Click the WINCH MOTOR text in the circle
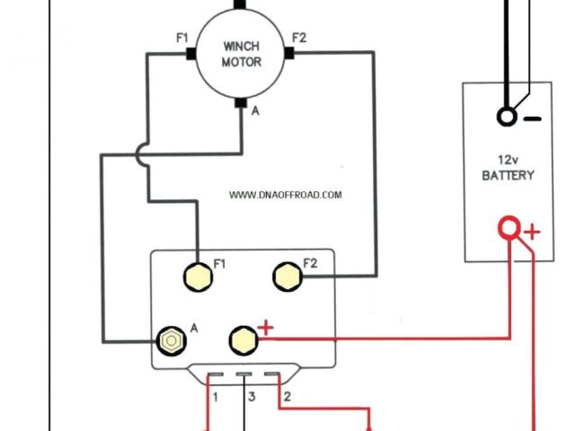coord(241,53)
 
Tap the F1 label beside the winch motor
coord(182,40)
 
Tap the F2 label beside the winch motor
coord(299,39)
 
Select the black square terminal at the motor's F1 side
coord(191,55)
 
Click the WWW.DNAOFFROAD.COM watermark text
coord(286,195)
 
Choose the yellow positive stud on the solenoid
coord(241,339)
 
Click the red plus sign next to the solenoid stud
coord(265,328)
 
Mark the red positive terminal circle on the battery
coord(510,229)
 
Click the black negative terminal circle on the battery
coord(507,118)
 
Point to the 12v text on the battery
coord(508,158)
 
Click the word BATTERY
coord(508,175)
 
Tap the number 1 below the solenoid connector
coord(216,396)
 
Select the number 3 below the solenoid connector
coord(252,396)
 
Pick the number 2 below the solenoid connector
coord(286,396)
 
